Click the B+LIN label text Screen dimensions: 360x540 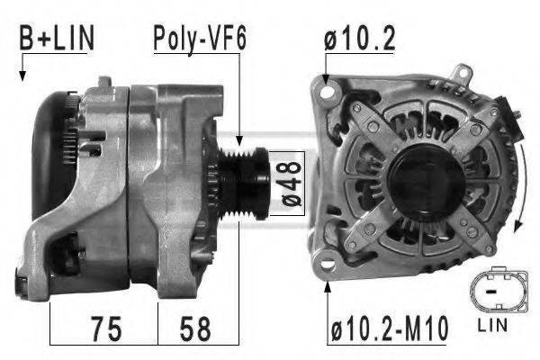57,40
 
